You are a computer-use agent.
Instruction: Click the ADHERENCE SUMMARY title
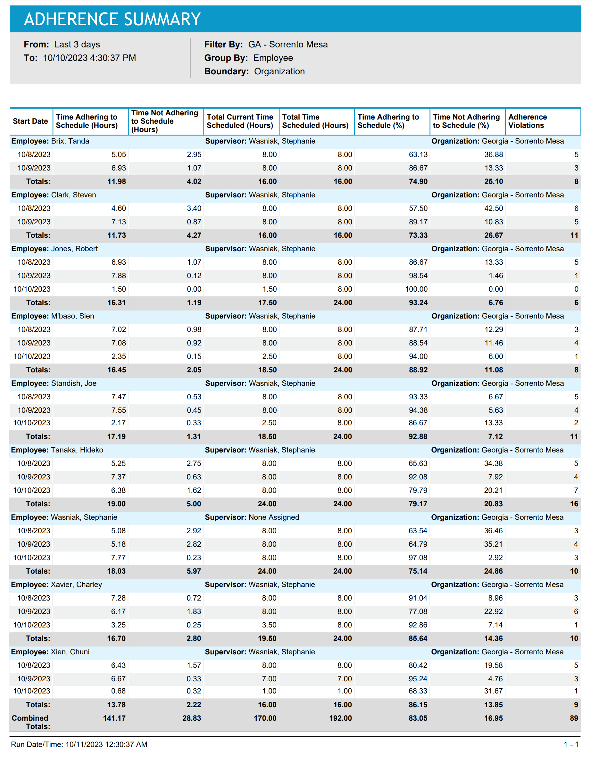112,19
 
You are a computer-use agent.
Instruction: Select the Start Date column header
30,121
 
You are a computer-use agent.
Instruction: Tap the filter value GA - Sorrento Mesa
287,44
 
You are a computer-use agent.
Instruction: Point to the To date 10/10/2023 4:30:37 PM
89,58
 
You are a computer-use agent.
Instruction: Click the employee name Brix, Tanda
70,141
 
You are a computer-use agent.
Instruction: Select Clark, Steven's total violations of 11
574,236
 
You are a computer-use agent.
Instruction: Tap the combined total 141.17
114,718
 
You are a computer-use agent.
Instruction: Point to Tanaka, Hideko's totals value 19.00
116,504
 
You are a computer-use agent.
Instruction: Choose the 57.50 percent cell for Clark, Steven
418,209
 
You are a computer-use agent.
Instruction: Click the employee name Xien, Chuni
70,652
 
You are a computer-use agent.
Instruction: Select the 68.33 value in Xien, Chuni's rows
418,691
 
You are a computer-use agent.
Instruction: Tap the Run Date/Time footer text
79,744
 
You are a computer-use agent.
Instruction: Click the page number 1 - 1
571,744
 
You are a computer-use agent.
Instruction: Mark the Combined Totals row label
30,722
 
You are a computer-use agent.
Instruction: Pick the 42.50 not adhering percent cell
494,209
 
